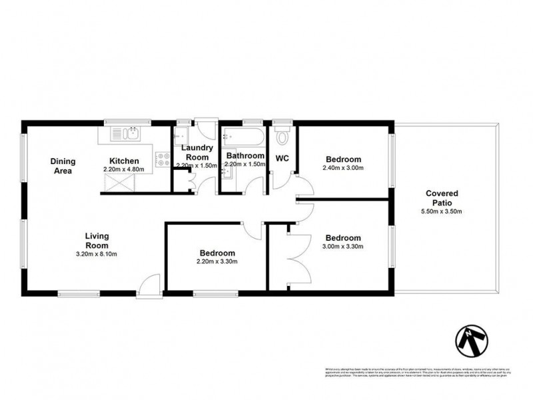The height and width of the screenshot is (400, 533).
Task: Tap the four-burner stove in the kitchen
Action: pyautogui.click(x=162, y=159)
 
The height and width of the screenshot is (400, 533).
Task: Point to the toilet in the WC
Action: pyautogui.click(x=282, y=137)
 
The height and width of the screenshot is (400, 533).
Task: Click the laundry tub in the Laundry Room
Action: pyautogui.click(x=185, y=133)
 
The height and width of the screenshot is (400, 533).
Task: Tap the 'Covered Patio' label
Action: pyautogui.click(x=442, y=198)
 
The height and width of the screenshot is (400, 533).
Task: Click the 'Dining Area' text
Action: pyautogui.click(x=63, y=166)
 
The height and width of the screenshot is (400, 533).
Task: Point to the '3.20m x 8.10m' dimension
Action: pyautogui.click(x=97, y=253)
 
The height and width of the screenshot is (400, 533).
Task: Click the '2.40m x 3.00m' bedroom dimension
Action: pyautogui.click(x=343, y=169)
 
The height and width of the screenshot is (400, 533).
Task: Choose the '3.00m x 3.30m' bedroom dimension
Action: pyautogui.click(x=343, y=247)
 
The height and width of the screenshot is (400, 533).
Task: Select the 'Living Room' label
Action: pyautogui.click(x=97, y=240)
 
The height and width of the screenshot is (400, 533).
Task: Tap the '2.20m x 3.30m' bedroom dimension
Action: pyautogui.click(x=217, y=262)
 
